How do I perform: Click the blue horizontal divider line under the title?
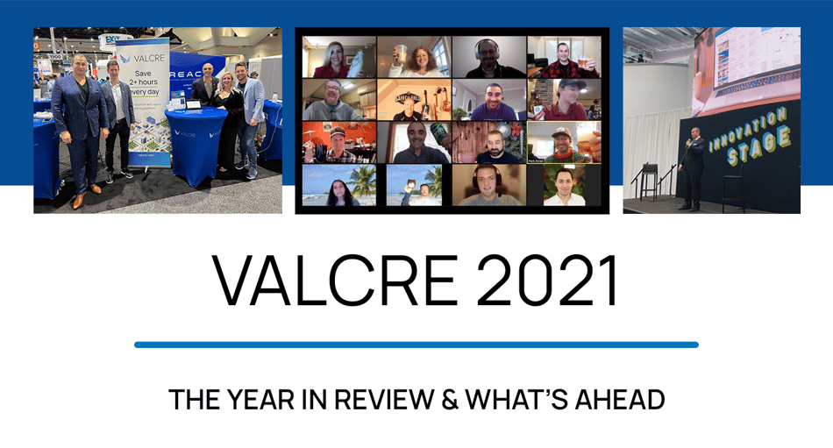click(416, 345)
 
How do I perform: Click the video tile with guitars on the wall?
click(414, 99)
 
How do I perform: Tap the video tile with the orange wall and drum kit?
click(338, 141)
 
